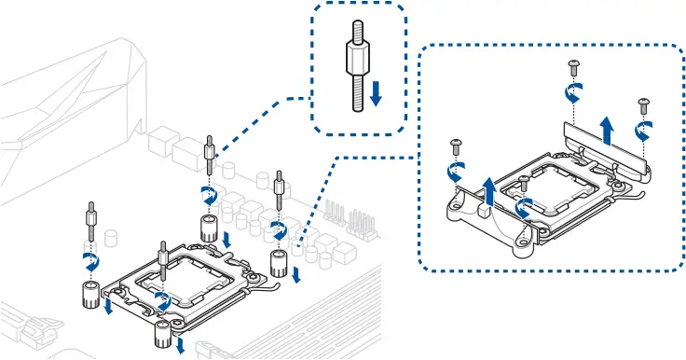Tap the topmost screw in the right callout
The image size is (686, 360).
(x=573, y=66)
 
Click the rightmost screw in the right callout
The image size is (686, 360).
(x=642, y=103)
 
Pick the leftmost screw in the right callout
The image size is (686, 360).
(x=456, y=146)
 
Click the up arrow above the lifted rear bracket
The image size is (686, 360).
(x=607, y=131)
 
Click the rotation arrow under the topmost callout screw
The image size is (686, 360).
(x=575, y=91)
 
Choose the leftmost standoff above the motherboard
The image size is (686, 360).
(x=90, y=222)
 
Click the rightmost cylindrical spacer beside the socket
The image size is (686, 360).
(x=279, y=262)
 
